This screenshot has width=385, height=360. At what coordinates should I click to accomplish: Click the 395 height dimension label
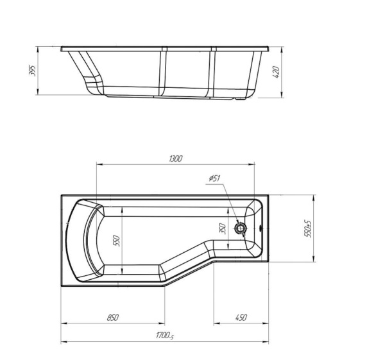click(x=33, y=71)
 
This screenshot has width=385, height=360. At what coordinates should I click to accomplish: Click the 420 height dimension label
click(x=276, y=72)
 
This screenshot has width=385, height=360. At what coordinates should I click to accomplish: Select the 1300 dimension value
click(x=176, y=159)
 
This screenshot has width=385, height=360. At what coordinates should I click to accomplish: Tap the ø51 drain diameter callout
click(x=214, y=178)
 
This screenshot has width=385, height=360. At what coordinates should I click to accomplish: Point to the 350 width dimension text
click(x=223, y=228)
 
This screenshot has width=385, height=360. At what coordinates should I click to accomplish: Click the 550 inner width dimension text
click(x=116, y=241)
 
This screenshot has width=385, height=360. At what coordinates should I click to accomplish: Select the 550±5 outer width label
click(x=307, y=228)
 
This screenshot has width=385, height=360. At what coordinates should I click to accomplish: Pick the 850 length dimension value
click(x=113, y=318)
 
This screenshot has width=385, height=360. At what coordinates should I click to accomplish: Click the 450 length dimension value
click(x=241, y=318)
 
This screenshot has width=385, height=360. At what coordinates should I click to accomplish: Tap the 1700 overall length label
click(x=165, y=335)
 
